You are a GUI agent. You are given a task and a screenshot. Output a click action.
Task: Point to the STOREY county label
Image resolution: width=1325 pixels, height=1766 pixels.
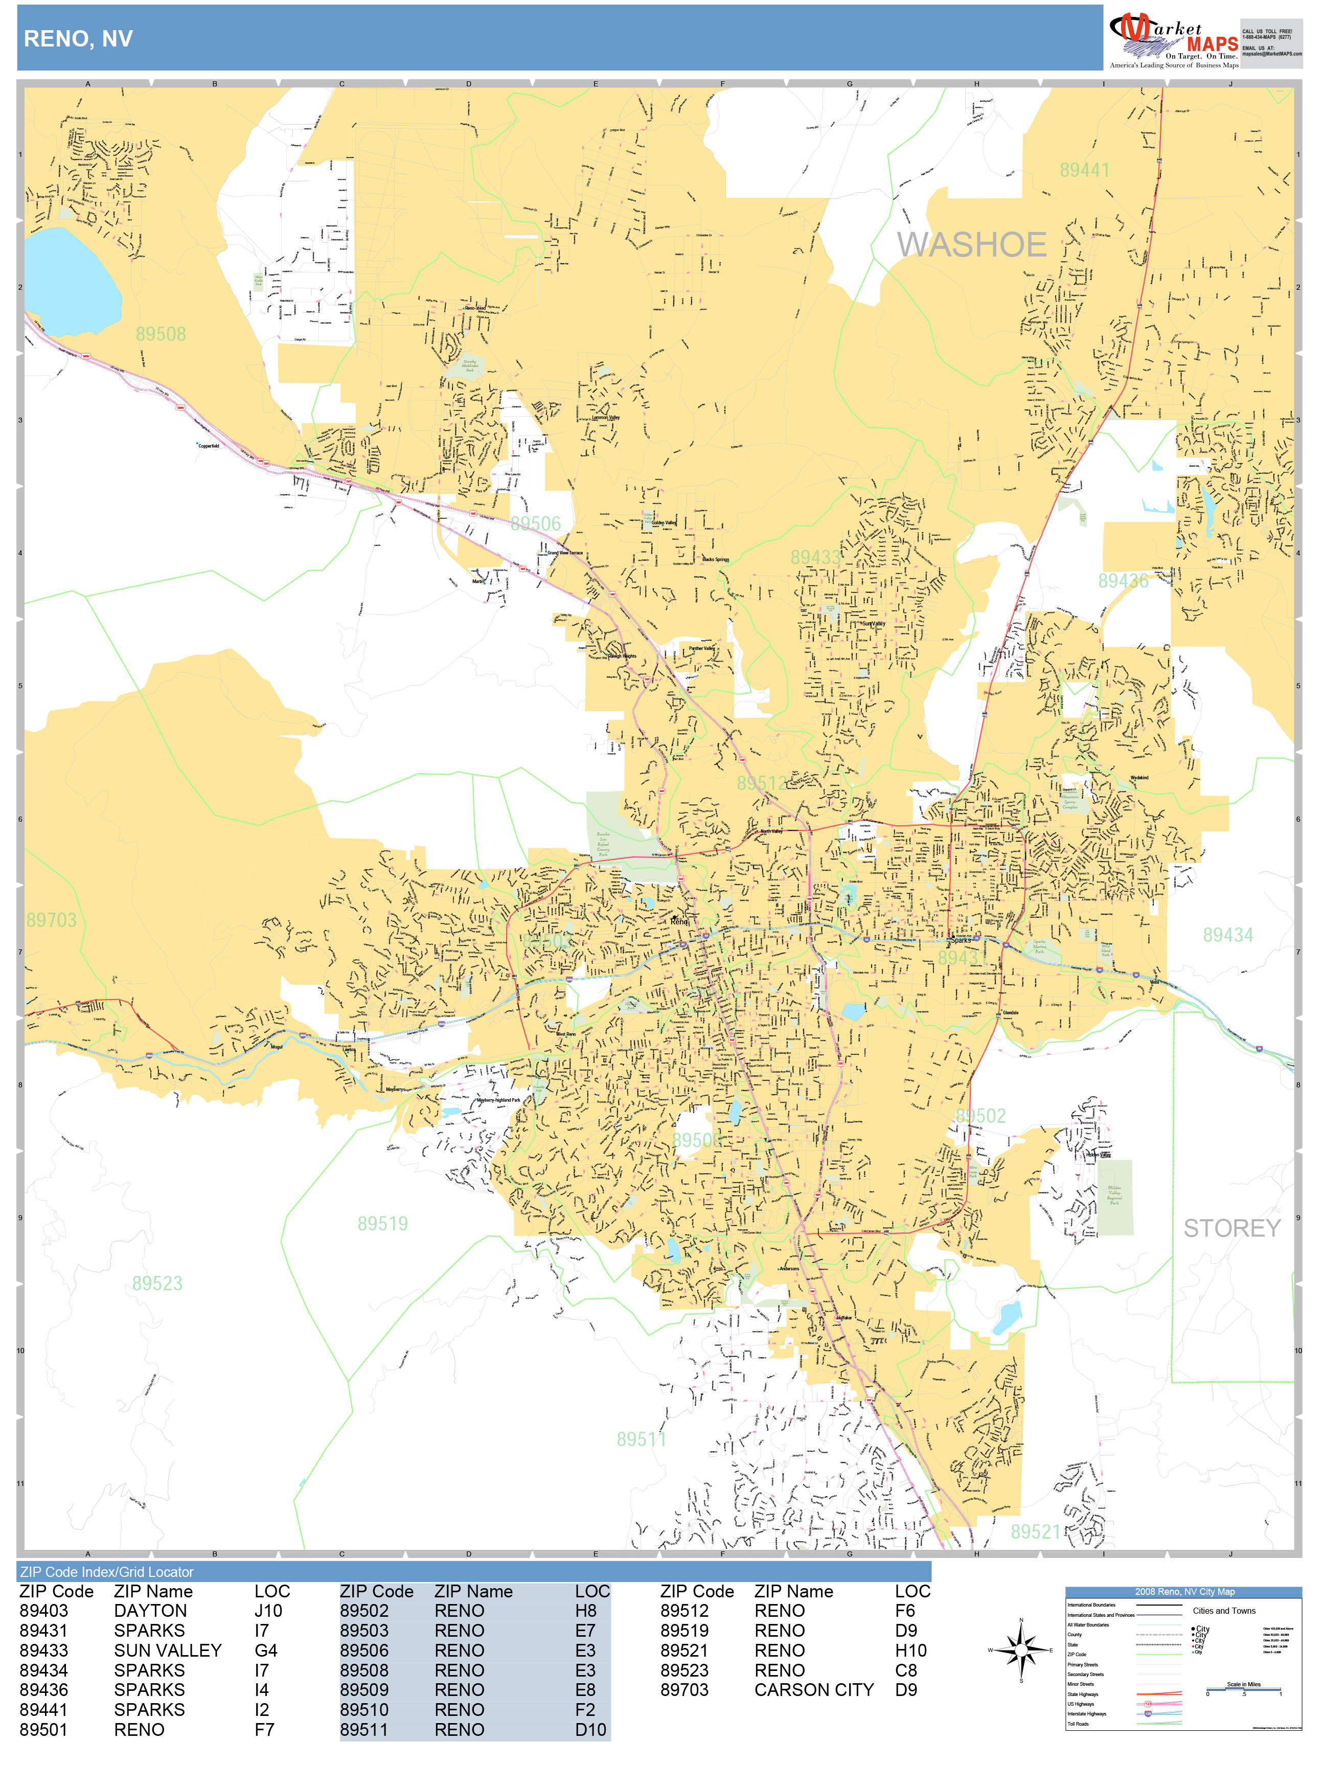[1231, 1228]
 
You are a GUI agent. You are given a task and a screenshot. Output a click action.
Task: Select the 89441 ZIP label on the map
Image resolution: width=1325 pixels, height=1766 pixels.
[1084, 170]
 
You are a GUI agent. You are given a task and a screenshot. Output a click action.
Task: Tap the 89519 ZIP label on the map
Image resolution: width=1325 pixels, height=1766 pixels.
[382, 1224]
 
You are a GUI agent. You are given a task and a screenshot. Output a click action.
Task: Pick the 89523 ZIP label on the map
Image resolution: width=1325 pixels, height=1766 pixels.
[157, 1284]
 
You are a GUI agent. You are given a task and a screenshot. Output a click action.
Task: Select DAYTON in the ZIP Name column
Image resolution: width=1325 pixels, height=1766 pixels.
[150, 1611]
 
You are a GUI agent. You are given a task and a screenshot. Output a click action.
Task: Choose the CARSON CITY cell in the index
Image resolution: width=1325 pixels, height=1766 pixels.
[814, 1690]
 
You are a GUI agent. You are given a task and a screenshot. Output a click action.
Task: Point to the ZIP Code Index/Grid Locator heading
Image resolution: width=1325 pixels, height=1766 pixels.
[107, 1572]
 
